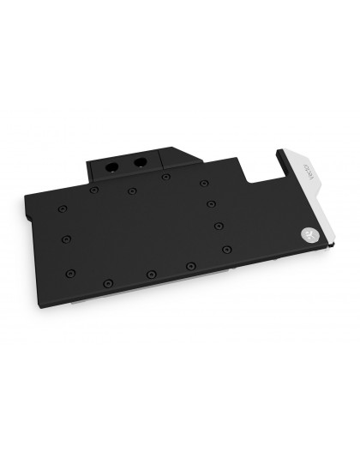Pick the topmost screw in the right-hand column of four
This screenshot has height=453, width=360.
pyautogui.click(x=203, y=182)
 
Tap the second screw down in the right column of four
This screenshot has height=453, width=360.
pyautogui.click(x=212, y=203)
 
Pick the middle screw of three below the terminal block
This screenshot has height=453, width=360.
pyautogui.click(x=131, y=190)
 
